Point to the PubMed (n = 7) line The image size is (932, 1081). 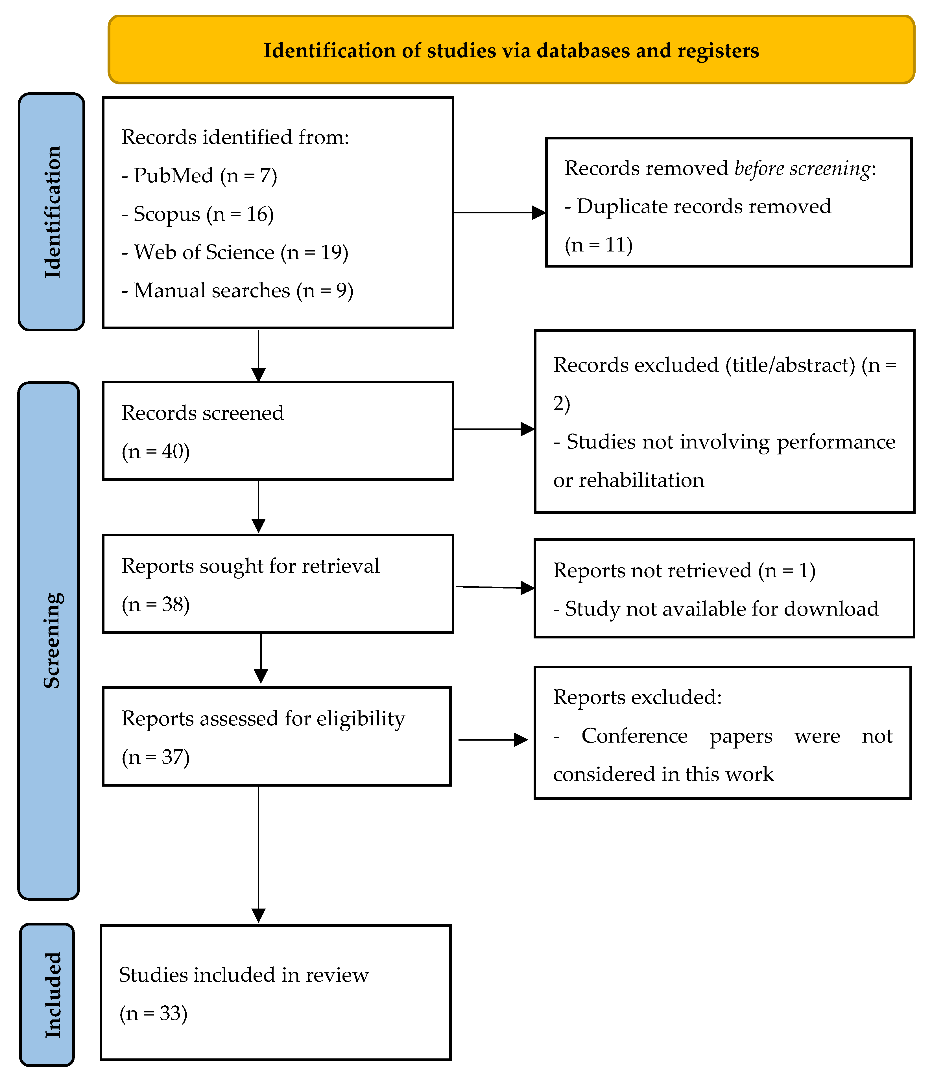[x=199, y=176]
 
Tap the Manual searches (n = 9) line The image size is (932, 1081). [x=237, y=291]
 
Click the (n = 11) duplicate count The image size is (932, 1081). [x=599, y=245]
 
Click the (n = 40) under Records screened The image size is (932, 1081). [x=156, y=451]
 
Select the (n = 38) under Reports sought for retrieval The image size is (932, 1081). [x=156, y=604]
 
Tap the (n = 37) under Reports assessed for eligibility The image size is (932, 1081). [x=156, y=757]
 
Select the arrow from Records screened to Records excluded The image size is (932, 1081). [x=494, y=429]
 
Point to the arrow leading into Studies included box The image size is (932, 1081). [x=258, y=855]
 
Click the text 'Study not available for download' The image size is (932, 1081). [x=716, y=609]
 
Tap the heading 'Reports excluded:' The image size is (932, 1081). [x=637, y=697]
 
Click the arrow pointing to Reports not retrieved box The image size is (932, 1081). [x=495, y=587]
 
